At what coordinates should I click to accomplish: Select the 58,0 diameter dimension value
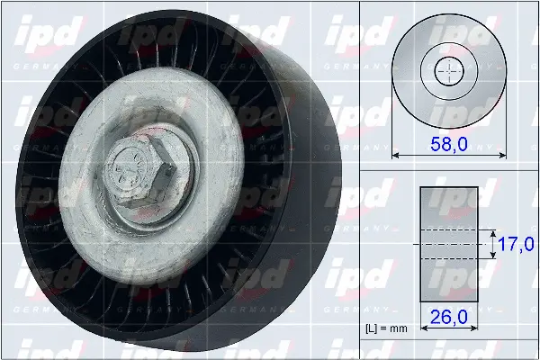447,143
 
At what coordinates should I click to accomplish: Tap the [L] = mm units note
387,328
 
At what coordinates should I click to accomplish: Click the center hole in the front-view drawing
447,70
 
